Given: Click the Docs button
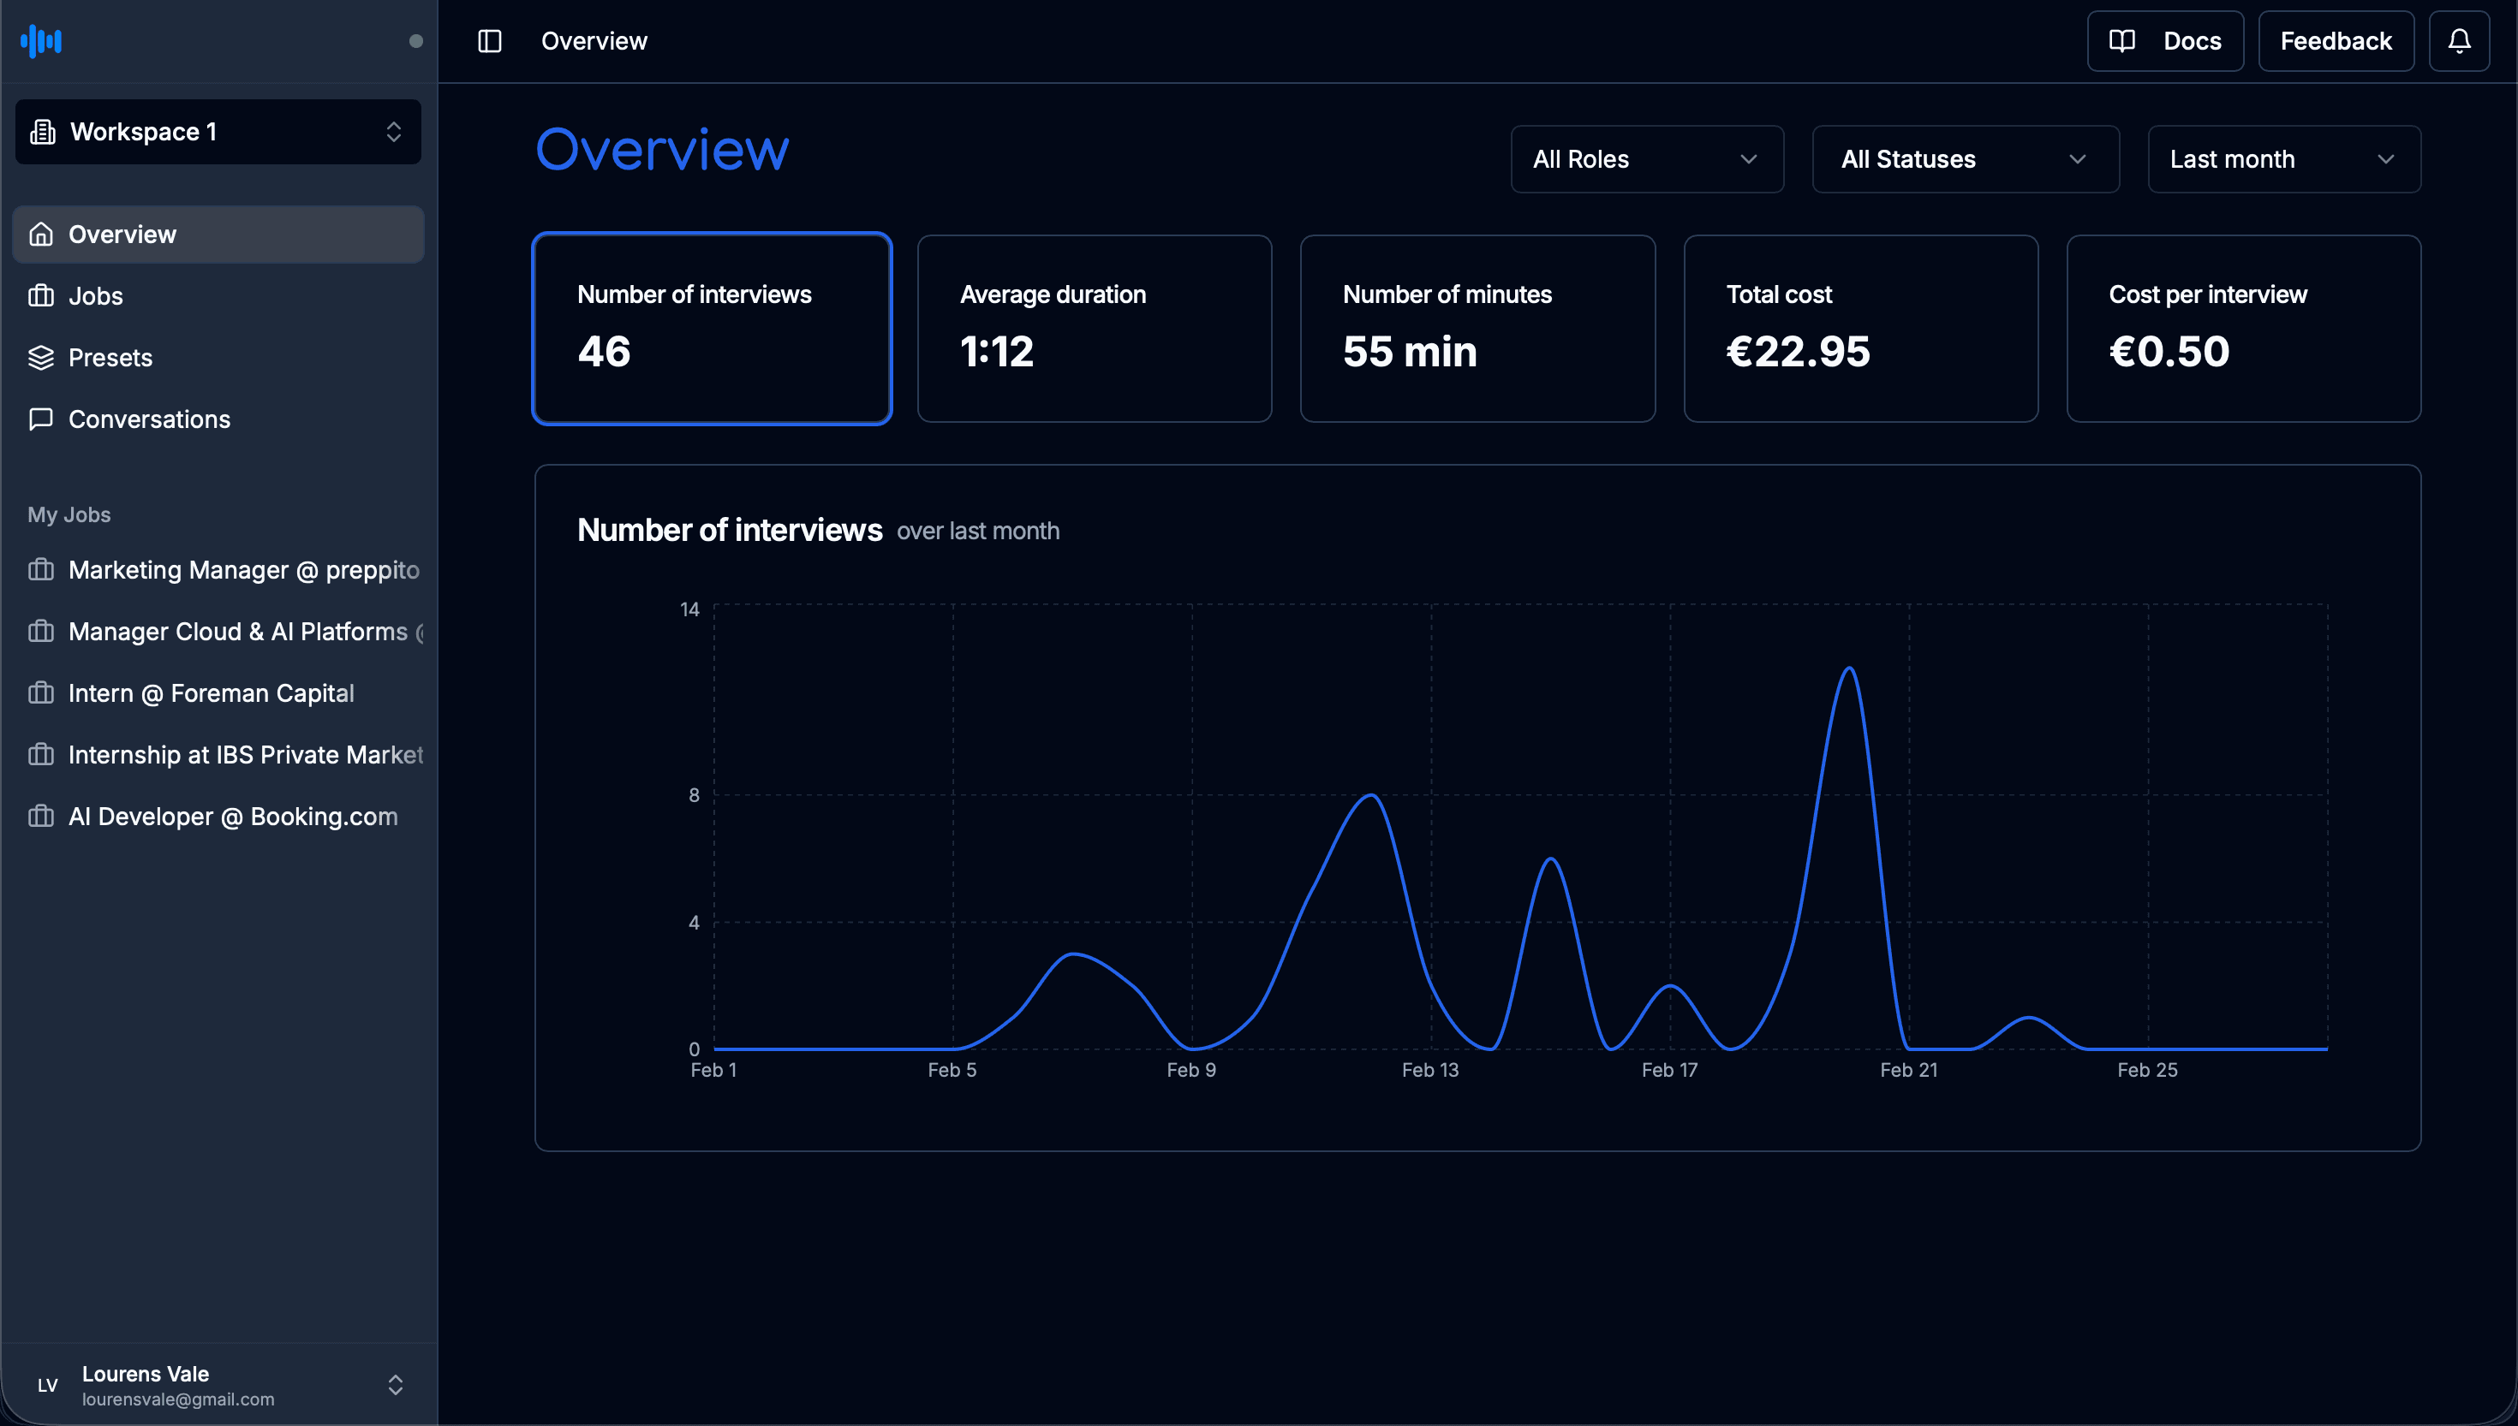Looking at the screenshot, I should point(2164,41).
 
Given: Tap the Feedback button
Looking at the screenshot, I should point(2335,41).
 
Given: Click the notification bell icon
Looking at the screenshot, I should point(2458,41).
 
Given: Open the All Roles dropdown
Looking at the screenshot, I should point(1646,160).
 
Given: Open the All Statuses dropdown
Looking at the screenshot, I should point(1965,160).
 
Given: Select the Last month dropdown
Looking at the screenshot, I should point(2282,160).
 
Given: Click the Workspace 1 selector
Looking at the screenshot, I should point(218,132).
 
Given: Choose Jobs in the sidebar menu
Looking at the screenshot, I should point(95,296).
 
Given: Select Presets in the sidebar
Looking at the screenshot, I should point(110,358).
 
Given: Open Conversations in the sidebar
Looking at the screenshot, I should point(149,419).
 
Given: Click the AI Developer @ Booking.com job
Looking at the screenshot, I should point(232,817).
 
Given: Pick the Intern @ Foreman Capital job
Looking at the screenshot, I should point(211,693).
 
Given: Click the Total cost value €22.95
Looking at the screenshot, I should point(1797,352).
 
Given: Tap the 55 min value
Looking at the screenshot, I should point(1409,352).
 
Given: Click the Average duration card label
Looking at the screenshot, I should point(1053,294).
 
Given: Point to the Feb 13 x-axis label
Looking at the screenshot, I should point(1429,1071).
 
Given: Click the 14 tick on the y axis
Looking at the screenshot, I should point(689,609).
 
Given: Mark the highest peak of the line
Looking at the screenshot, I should point(1849,669).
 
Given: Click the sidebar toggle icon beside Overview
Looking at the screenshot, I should point(489,41).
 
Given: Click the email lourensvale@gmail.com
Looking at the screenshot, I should point(177,1399).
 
